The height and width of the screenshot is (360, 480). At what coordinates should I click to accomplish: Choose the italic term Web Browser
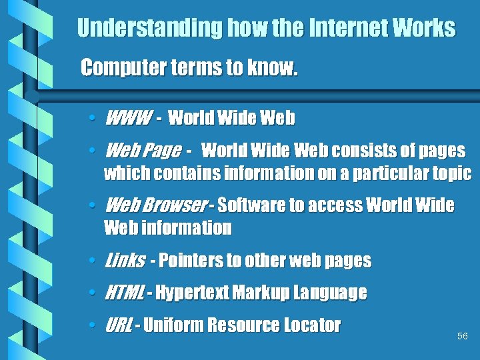tap(156, 205)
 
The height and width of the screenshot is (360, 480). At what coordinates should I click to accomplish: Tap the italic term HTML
tap(125, 292)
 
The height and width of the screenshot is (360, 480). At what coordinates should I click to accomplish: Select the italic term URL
tap(119, 325)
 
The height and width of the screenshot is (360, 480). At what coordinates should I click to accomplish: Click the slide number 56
tap(463, 336)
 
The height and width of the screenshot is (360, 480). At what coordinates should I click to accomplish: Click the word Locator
tap(311, 325)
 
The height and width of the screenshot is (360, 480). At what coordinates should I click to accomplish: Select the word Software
tap(251, 205)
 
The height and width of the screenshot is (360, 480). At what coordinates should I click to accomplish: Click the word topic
tap(451, 173)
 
